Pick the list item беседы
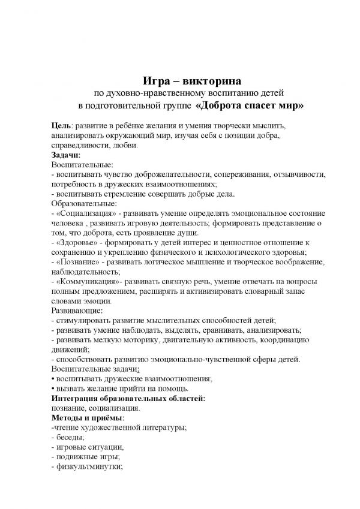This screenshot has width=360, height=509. pos(71,436)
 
